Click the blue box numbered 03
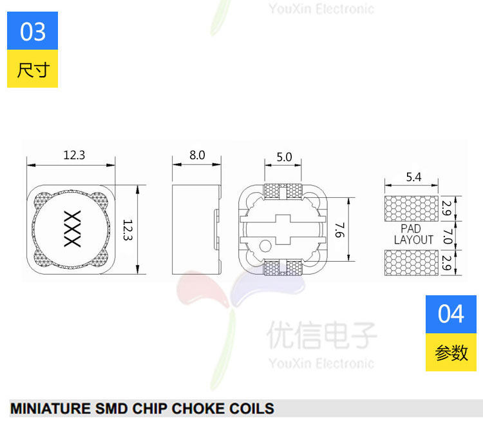(x=33, y=31)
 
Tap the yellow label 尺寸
(x=33, y=69)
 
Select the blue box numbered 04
(x=451, y=314)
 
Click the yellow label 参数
(x=451, y=353)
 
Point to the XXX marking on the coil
(x=72, y=229)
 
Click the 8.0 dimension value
(x=197, y=155)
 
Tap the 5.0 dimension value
(x=284, y=157)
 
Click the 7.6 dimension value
(x=339, y=229)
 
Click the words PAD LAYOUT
(x=413, y=234)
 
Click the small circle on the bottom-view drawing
(x=265, y=246)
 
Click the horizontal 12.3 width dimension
(x=74, y=155)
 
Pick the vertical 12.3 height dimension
(x=128, y=230)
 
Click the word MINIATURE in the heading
(x=50, y=408)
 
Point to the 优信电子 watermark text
(x=322, y=335)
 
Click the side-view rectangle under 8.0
(x=196, y=229)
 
